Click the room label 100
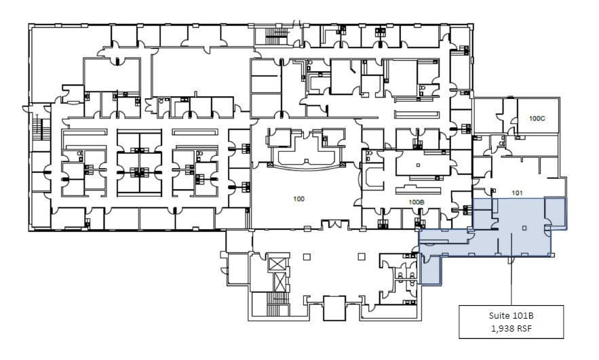pos(299,199)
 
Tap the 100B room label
pos(416,202)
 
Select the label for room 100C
pos(537,118)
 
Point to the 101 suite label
pos(518,193)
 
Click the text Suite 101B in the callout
pos(511,316)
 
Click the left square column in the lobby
pos(307,256)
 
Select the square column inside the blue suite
pos(523,228)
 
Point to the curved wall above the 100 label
pos(305,165)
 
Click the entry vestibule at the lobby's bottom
pos(335,308)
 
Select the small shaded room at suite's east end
pos(556,214)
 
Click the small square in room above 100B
pos(418,165)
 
